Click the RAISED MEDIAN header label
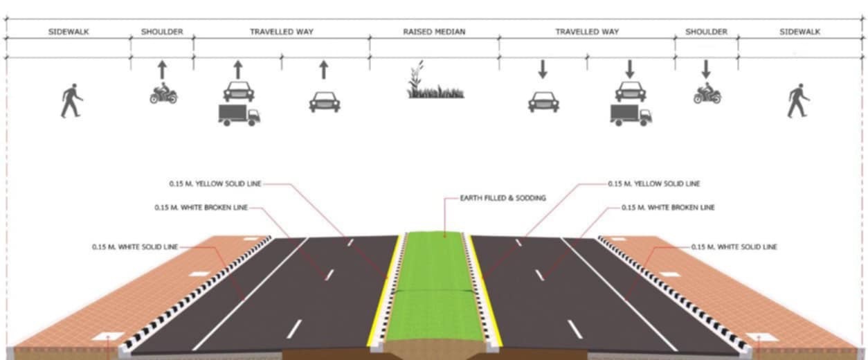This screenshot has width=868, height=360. click(434, 32)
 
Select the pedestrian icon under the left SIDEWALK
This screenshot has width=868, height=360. click(71, 100)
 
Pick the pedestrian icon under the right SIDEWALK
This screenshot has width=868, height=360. click(798, 100)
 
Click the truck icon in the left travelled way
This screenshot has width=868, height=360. click(239, 114)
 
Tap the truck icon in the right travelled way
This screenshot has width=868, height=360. click(631, 114)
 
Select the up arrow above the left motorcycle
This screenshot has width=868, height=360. click(162, 69)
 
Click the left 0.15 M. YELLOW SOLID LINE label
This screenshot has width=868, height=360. click(215, 184)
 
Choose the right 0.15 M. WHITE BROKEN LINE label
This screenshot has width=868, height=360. click(668, 207)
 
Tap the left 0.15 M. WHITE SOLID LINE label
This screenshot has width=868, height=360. click(134, 246)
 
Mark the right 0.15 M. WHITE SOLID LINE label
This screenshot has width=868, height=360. click(734, 246)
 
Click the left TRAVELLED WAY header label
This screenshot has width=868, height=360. click(281, 32)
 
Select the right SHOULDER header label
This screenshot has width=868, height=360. click(706, 32)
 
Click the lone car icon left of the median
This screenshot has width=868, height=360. click(324, 101)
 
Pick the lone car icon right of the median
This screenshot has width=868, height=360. click(543, 101)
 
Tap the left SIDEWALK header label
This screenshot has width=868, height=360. click(69, 32)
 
